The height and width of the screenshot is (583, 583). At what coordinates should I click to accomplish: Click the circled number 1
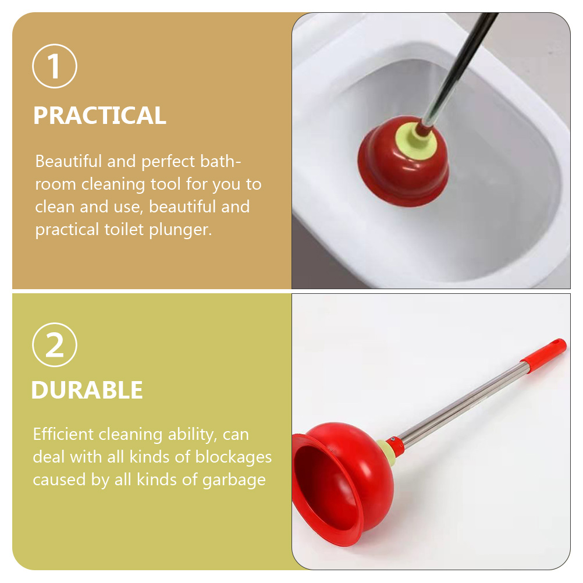55,66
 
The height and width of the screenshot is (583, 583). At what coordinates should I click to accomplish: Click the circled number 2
55,345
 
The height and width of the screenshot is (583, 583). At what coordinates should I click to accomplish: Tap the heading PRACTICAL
99,116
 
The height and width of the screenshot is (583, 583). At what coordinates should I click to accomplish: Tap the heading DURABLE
87,390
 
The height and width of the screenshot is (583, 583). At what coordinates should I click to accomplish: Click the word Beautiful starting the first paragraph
69,161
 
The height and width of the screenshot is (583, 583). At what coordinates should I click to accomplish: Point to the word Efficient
63,434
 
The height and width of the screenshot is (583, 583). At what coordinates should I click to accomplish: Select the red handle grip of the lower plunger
543,351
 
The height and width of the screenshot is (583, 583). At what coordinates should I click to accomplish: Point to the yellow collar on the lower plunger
385,448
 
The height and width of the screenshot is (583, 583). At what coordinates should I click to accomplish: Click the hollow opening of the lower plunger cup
320,489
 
